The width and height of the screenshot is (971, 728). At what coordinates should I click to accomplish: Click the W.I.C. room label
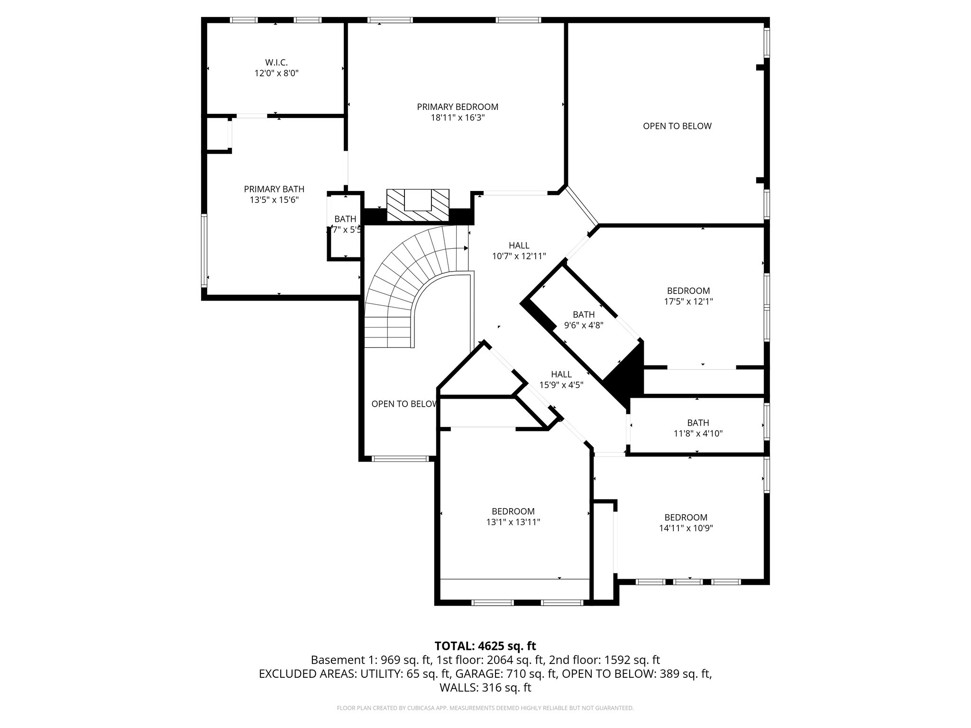tap(276, 63)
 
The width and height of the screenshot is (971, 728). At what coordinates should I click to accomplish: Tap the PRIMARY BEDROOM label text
tap(458, 107)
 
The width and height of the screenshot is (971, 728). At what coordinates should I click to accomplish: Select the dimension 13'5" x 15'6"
tap(274, 200)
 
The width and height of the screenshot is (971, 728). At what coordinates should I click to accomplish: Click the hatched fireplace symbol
tap(417, 205)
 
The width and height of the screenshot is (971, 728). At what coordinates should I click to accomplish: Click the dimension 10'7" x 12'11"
tap(519, 256)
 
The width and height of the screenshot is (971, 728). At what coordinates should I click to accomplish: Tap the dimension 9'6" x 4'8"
tap(583, 325)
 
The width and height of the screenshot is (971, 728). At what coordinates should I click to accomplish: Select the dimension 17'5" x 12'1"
tap(688, 301)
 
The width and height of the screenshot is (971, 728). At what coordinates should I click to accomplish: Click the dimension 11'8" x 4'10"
tap(698, 433)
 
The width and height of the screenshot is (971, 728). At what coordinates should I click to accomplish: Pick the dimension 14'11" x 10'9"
tap(686, 528)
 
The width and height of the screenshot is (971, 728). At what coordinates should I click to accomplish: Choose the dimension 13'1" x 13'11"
tap(513, 522)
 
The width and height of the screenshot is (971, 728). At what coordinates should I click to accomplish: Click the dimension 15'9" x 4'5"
tap(561, 385)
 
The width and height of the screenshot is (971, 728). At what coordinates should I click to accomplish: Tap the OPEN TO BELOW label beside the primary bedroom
tap(677, 126)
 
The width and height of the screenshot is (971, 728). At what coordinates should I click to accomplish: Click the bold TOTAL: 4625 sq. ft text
tap(485, 646)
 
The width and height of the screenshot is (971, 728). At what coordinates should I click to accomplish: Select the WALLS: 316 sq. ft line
tap(485, 688)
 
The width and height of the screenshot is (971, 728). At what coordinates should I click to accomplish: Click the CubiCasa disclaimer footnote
tap(485, 708)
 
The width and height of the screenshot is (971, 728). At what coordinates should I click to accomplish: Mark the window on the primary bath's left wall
tap(204, 250)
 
